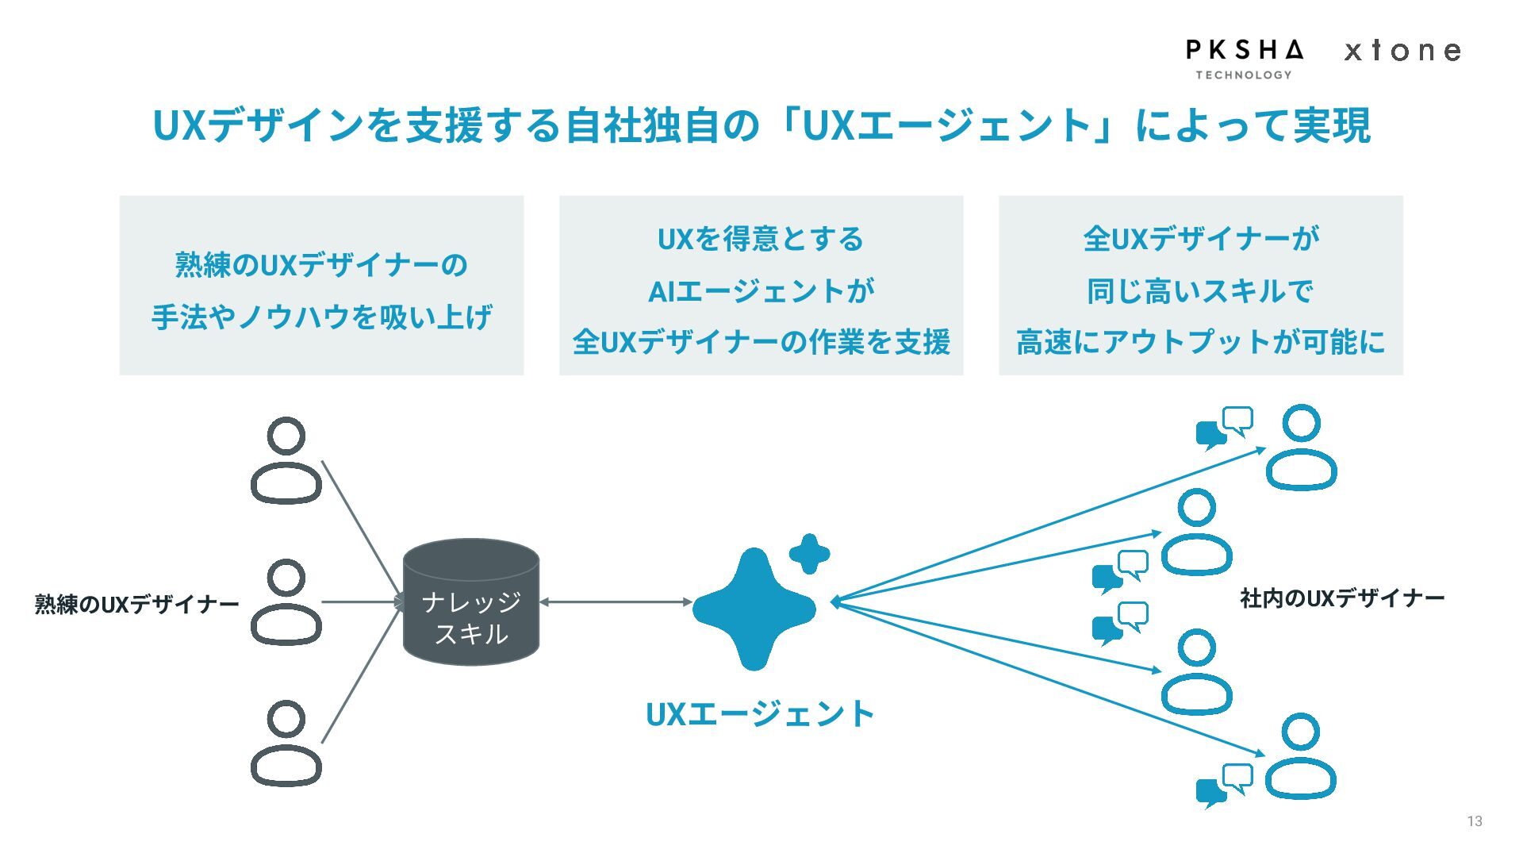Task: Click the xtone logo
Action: coord(1402,52)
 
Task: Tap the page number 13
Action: coord(1474,821)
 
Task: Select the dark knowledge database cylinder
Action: coord(471,602)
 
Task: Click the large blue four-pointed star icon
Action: coord(754,609)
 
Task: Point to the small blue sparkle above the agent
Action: coord(809,553)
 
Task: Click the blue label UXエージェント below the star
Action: coord(760,714)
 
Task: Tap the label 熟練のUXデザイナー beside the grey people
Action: coord(136,605)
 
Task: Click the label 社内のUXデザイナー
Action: coord(1342,598)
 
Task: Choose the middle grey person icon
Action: coord(286,602)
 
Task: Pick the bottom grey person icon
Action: coord(286,744)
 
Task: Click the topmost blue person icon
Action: coord(1301,448)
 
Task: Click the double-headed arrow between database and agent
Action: coord(616,602)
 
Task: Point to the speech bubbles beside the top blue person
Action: coord(1225,428)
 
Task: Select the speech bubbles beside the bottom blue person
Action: coord(1225,785)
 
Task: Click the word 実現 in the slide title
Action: coord(1332,125)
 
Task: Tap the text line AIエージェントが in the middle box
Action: coord(761,291)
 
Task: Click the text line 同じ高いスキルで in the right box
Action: coord(1200,291)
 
